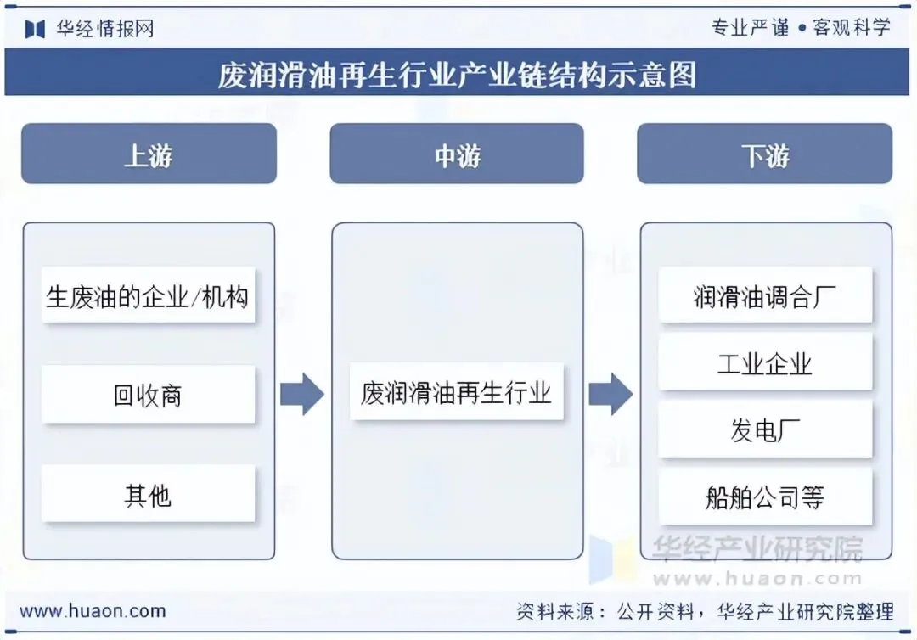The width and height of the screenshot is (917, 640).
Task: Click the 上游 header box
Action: click(149, 154)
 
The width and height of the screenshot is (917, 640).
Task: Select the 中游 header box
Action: click(457, 154)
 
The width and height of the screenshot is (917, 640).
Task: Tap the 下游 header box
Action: click(764, 154)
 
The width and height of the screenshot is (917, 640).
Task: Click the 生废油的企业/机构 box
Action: click(149, 296)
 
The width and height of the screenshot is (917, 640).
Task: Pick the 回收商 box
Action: click(149, 395)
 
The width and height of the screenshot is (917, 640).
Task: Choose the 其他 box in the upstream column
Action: click(149, 494)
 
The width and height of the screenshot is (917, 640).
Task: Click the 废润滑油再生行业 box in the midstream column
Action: click(457, 392)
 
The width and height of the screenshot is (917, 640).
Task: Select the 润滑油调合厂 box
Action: click(765, 295)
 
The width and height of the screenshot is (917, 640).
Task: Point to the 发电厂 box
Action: click(765, 429)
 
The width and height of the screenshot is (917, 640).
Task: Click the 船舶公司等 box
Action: click(765, 497)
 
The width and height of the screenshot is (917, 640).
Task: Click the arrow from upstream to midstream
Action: click(302, 394)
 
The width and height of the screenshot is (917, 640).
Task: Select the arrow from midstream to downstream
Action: click(610, 394)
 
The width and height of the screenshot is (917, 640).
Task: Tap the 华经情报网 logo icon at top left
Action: click(35, 29)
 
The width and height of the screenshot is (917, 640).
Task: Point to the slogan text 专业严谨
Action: click(750, 27)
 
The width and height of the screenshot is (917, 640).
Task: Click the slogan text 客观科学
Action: click(852, 27)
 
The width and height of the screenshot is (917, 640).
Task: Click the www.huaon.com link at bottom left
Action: click(93, 610)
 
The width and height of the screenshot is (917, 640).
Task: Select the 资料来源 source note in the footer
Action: click(705, 611)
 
